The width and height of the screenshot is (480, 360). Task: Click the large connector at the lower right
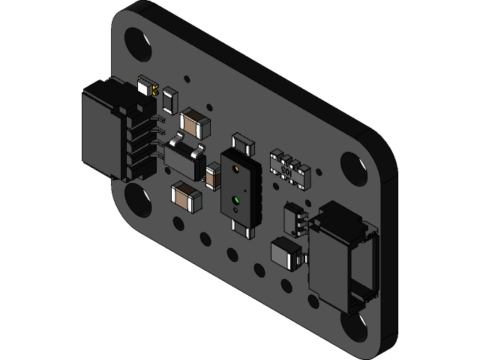[341, 255]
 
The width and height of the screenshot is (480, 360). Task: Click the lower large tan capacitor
[186, 197]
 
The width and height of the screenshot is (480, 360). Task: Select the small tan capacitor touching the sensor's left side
[213, 178]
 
